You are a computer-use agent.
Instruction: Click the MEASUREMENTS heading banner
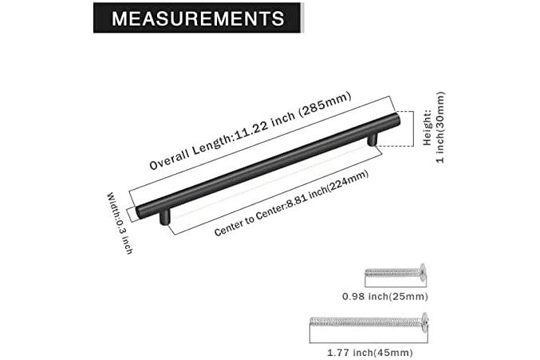[198, 18]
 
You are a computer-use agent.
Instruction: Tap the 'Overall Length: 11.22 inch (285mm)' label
[250, 131]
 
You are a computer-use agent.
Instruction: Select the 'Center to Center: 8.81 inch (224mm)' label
[291, 204]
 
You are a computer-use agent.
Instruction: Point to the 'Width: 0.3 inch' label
[120, 224]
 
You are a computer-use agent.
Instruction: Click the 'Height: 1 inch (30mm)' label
[434, 127]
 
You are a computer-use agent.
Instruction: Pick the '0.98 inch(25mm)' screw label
[385, 296]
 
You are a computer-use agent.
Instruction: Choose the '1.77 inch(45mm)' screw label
[369, 353]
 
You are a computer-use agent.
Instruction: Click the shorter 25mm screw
[396, 273]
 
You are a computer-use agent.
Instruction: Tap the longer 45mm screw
[369, 322]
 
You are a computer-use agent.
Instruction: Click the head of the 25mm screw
[423, 272]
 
